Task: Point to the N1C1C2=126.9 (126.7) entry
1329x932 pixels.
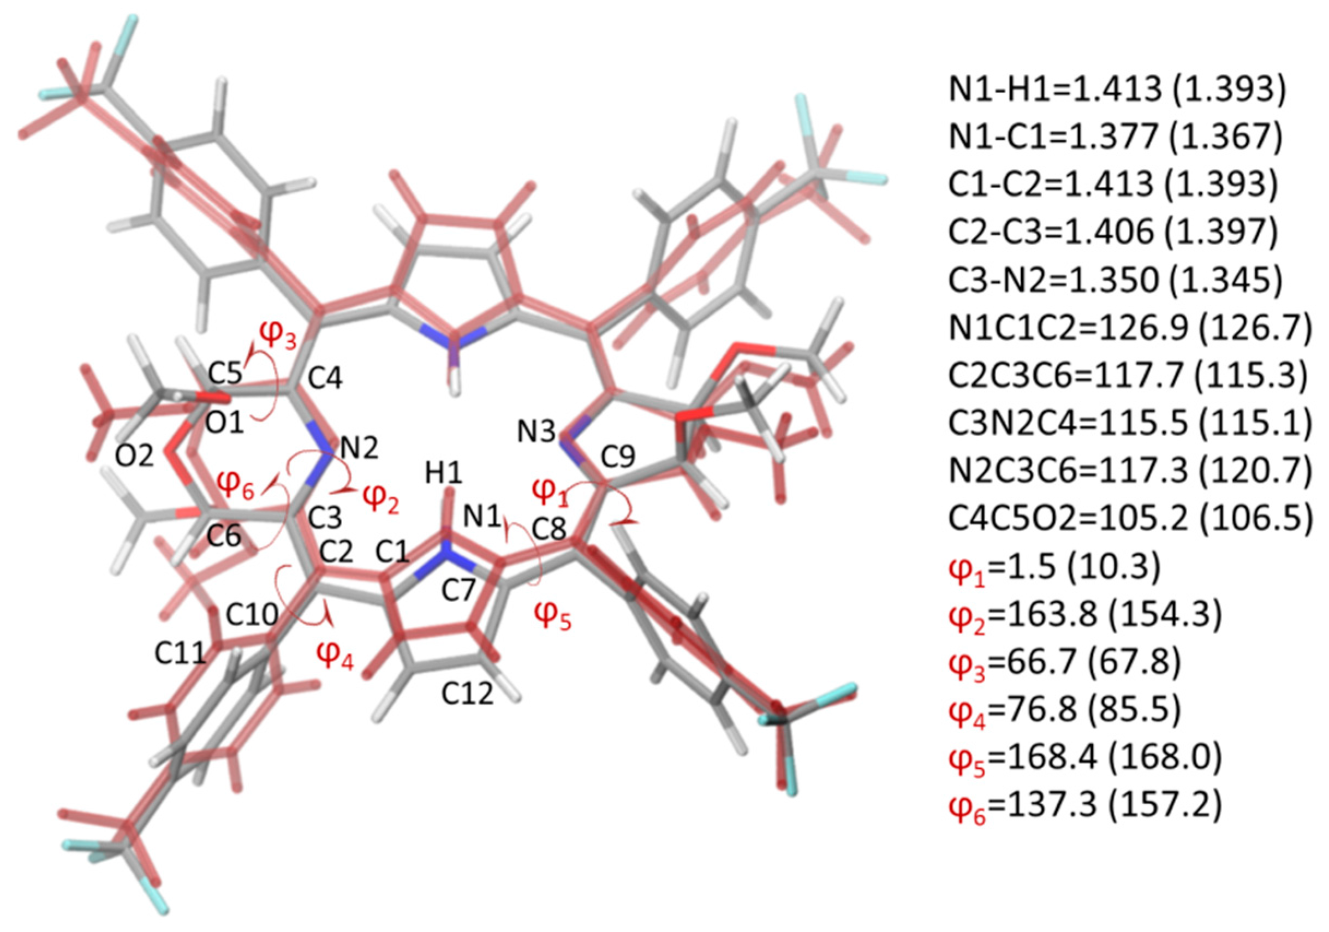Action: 1129,328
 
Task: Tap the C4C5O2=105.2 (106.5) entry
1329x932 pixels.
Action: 1129,518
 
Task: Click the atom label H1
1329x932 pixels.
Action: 444,473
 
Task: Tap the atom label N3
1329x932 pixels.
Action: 536,433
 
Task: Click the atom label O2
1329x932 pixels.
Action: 134,457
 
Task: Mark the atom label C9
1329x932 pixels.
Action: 618,458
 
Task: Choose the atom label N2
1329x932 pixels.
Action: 360,448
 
